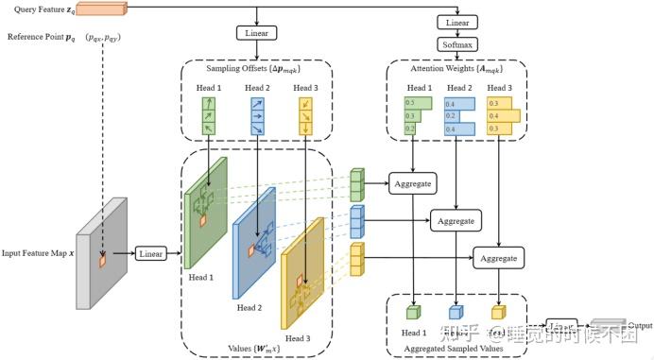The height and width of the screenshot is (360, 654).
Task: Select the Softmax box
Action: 457,44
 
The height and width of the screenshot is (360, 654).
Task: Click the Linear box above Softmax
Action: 457,22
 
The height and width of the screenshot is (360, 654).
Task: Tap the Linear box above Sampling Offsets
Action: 256,34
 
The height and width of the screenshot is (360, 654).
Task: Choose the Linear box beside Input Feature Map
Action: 151,254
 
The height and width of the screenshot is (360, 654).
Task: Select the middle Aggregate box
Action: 456,221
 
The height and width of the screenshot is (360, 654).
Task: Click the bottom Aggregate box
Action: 499,257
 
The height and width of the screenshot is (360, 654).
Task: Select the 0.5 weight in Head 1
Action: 409,101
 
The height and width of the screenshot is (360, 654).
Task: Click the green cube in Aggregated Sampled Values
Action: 413,312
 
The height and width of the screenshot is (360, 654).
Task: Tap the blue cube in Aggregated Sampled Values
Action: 456,312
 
